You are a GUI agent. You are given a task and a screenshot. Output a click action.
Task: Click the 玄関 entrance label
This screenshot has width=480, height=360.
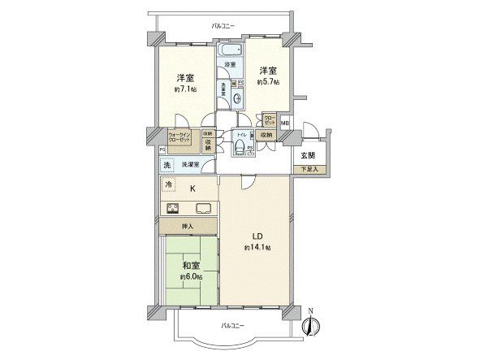(x=309, y=155)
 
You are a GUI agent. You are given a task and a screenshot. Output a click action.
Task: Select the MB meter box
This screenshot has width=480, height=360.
(x=284, y=123)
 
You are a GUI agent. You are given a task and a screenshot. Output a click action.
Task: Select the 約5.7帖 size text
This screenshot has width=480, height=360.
(x=268, y=82)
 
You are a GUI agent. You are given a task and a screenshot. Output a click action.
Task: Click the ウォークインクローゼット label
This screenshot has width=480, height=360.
(x=179, y=139)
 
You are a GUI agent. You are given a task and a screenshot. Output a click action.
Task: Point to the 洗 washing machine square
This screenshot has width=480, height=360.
(x=167, y=165)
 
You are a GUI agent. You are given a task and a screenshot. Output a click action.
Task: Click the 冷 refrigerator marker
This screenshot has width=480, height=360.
(x=168, y=185)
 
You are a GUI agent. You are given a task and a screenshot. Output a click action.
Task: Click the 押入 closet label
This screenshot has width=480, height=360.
(x=188, y=225)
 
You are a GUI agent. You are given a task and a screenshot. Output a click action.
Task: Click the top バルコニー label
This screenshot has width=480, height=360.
(x=223, y=27)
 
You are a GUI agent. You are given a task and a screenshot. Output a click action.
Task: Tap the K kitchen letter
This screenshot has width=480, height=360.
(x=192, y=189)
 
